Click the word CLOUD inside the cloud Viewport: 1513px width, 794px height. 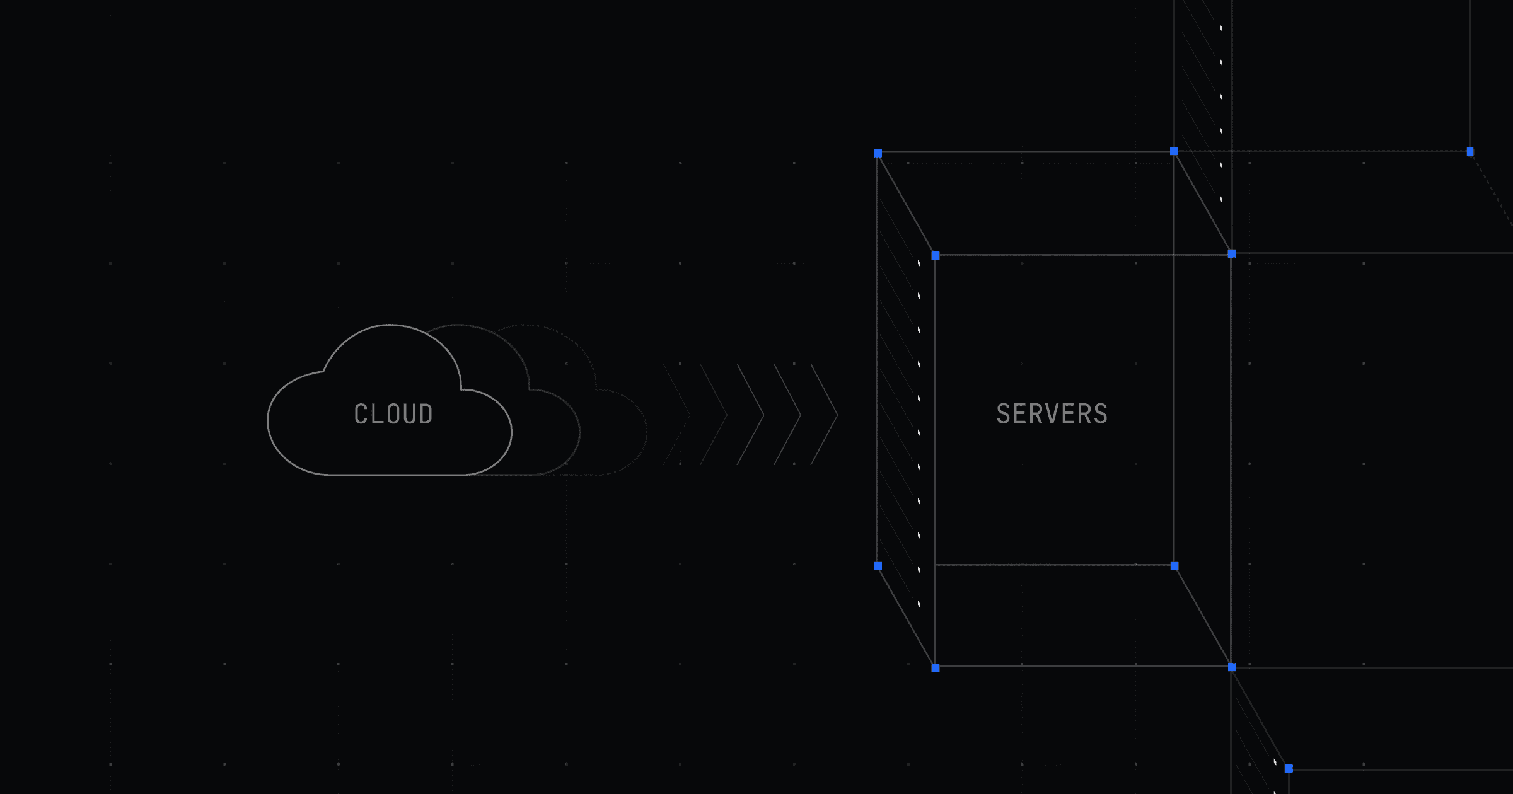(x=393, y=414)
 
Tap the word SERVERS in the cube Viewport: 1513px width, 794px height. (x=1052, y=414)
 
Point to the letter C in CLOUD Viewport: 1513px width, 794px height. (x=361, y=414)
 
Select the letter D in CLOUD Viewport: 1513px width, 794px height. (x=426, y=414)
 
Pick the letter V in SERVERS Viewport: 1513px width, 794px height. (x=1052, y=414)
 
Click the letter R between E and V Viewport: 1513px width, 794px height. (x=1036, y=414)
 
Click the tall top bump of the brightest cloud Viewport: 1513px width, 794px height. (x=391, y=326)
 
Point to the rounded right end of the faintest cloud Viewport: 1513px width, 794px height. (x=644, y=432)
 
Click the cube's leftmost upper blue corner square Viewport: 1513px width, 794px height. (x=878, y=153)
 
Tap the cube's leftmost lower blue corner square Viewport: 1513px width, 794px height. (x=878, y=566)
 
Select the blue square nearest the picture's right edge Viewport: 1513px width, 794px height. (x=1470, y=151)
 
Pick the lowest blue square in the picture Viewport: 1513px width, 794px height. (x=1289, y=768)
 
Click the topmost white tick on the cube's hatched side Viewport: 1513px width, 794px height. (x=919, y=263)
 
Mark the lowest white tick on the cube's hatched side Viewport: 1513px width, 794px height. (x=919, y=604)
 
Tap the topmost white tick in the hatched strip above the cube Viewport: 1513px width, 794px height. (x=1221, y=28)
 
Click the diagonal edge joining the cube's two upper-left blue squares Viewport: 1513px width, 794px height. (x=907, y=204)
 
